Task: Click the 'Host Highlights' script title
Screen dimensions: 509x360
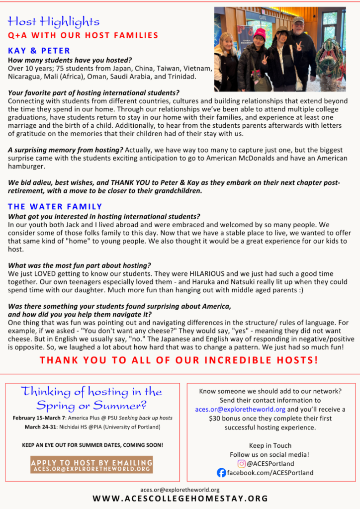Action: [54, 21]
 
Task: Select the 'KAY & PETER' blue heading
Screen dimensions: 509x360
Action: [39, 51]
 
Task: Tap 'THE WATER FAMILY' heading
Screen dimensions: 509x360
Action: [55, 206]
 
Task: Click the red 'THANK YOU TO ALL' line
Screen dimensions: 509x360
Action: [180, 360]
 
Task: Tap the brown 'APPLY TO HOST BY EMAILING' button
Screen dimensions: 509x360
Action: [91, 465]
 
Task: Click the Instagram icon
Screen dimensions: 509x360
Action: [242, 464]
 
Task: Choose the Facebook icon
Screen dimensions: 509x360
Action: [221, 473]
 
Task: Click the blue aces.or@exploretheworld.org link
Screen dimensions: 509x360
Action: [240, 410]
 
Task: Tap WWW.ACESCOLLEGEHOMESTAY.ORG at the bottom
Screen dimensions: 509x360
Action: [180, 499]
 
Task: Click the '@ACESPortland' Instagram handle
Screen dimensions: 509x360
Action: [270, 464]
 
